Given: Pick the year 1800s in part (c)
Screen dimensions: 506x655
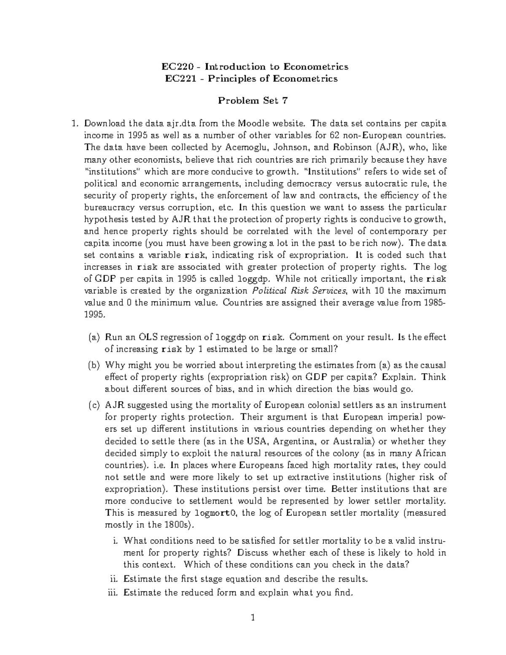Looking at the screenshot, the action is tap(177, 525).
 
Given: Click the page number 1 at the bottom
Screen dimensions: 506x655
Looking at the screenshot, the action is tap(253, 618).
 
